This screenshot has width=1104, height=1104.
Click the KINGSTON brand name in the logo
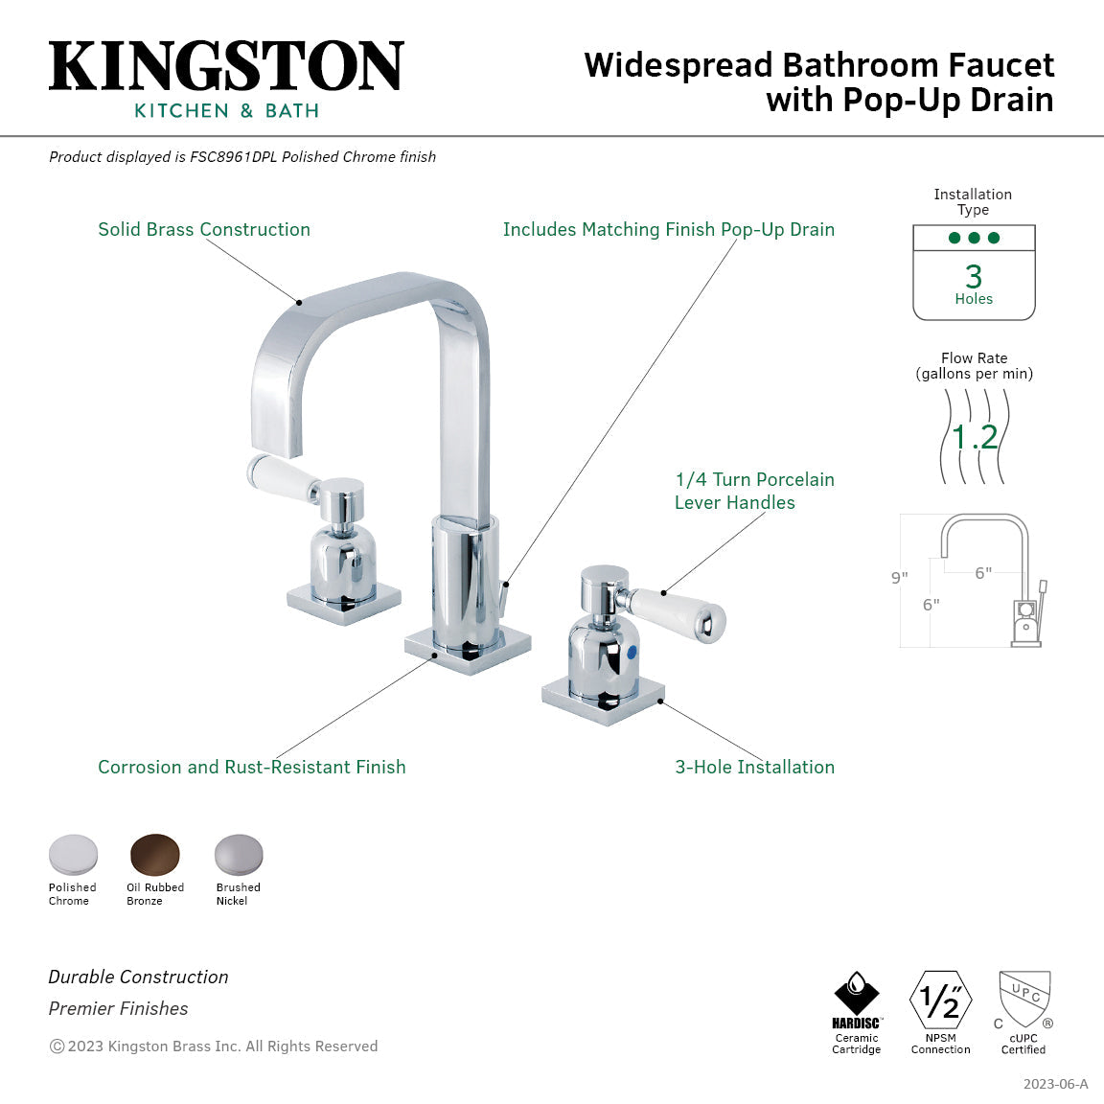(226, 67)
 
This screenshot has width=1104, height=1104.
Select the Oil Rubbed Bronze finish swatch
(155, 854)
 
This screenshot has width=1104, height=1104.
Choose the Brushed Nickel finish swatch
(238, 854)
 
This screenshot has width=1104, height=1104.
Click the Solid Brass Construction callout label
(204, 229)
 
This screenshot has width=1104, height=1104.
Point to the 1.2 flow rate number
(975, 437)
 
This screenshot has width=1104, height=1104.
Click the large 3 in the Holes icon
(974, 276)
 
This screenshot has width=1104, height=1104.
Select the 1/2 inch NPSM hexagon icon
(940, 1000)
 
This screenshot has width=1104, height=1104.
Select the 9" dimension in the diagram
(899, 578)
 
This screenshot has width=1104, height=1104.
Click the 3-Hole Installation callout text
(754, 767)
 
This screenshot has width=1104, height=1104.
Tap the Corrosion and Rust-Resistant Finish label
(251, 767)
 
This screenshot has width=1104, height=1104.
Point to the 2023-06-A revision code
(1055, 1084)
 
